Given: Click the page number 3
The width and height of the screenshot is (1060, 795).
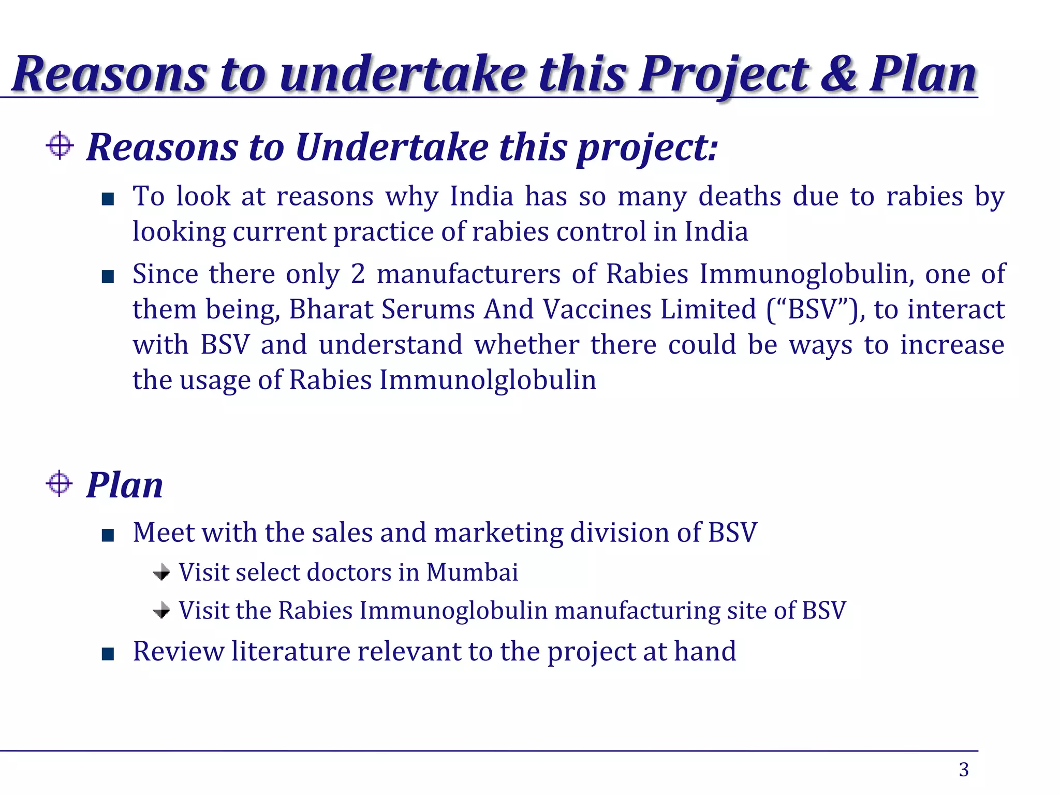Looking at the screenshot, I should (x=963, y=770).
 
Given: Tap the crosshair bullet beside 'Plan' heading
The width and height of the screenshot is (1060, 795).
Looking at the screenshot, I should (x=60, y=484).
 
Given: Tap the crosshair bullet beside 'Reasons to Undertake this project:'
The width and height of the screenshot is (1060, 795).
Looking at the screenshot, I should (x=60, y=145).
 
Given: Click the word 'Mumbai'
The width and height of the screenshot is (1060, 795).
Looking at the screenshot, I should (x=472, y=572).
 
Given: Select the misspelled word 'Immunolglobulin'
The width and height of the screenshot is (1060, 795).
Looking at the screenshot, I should (x=488, y=380).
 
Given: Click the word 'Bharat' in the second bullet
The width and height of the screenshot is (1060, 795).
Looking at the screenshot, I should (x=331, y=310).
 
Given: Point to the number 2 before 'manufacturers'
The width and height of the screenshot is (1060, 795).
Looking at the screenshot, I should (x=358, y=274).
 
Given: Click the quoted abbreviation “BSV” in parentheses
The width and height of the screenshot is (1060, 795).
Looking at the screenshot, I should (x=813, y=310).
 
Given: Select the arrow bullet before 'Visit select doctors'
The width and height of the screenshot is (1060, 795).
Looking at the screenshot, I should (x=162, y=572).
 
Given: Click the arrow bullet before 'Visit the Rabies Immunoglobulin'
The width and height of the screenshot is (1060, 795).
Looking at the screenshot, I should (x=162, y=611).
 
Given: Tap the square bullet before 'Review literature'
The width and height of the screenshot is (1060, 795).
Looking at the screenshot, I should (x=108, y=654).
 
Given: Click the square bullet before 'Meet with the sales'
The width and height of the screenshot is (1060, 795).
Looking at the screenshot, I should (x=108, y=536).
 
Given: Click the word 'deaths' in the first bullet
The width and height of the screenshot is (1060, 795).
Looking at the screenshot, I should (x=740, y=197).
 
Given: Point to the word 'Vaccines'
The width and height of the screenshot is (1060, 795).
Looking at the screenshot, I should (x=598, y=310).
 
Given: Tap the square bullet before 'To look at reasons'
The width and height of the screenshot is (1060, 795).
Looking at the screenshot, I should (x=108, y=199).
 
